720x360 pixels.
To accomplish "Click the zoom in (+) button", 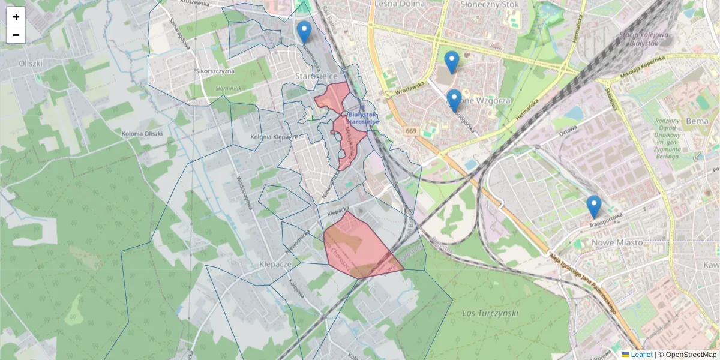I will (16, 17).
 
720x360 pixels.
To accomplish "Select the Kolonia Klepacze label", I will (274, 137).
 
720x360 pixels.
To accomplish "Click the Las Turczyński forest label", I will (490, 313).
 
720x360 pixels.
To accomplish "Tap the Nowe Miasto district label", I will (617, 242).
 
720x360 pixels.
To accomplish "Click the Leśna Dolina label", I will (399, 4).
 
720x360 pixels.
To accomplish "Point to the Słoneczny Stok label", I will (489, 4).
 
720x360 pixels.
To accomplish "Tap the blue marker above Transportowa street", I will (594, 206).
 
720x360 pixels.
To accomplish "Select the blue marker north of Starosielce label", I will (304, 32).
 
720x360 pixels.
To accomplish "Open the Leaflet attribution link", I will (641, 355).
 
